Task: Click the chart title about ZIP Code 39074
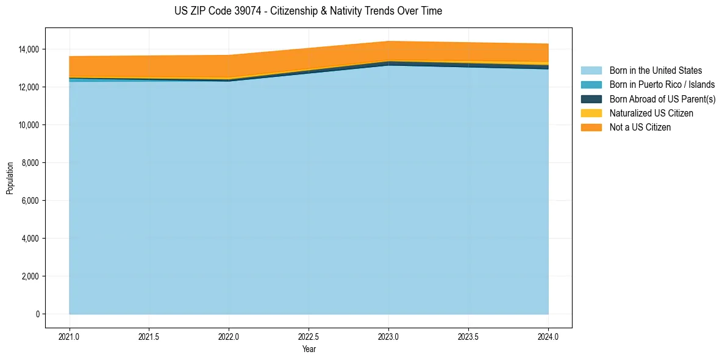pos(308,11)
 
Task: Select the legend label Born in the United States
pos(655,71)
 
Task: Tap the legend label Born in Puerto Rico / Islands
pos(662,85)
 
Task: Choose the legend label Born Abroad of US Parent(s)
pos(662,99)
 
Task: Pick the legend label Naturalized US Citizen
pos(651,113)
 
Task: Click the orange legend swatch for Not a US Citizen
pos(591,128)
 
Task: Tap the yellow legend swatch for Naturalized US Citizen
pos(591,113)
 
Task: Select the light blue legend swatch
pos(591,71)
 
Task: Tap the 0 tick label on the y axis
pos(37,314)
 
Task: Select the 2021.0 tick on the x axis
pos(69,336)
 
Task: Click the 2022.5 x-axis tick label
pos(309,336)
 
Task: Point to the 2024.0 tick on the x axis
pos(548,336)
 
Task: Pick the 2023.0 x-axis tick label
pos(388,336)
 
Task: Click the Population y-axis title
pos(10,178)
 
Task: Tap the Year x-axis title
pos(309,349)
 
